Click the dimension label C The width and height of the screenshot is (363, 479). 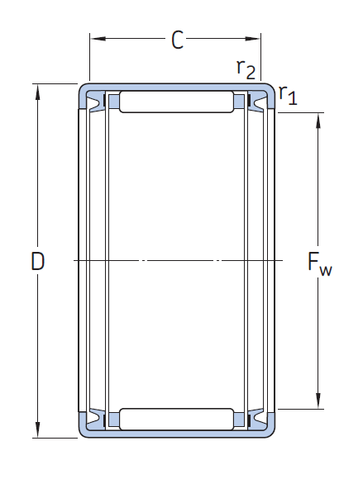(178, 40)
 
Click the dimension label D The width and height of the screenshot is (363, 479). (38, 261)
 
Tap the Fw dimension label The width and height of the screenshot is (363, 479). (319, 264)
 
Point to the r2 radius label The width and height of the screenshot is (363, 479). (246, 69)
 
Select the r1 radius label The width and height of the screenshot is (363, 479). (288, 95)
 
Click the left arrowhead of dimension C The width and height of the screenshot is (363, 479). (98, 39)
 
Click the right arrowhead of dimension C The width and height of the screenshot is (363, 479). (252, 39)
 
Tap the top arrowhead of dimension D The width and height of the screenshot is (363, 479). (37, 92)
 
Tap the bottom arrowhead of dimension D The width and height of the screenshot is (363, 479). (37, 429)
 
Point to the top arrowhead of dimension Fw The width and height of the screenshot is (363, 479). (318, 121)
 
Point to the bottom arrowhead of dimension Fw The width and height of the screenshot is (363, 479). (318, 401)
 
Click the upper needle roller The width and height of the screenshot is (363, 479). (176, 102)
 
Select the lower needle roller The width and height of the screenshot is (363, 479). (176, 420)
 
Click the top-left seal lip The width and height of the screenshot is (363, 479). (95, 102)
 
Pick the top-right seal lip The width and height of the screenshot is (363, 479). (257, 102)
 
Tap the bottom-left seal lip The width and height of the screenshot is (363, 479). (95, 419)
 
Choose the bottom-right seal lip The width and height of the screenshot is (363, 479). (257, 419)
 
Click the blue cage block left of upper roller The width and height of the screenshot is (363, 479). (114, 102)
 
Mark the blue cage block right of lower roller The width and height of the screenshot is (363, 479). (239, 420)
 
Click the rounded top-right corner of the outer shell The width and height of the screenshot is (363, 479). (271, 87)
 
